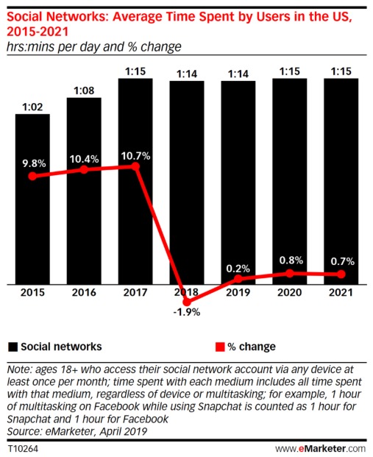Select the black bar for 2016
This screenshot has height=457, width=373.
(85, 191)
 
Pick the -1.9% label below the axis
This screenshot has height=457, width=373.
(187, 311)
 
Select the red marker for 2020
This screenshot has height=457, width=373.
(289, 273)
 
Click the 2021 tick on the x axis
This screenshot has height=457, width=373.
(341, 292)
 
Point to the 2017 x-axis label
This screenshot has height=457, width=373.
(135, 292)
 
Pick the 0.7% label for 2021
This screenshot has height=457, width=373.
(341, 261)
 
